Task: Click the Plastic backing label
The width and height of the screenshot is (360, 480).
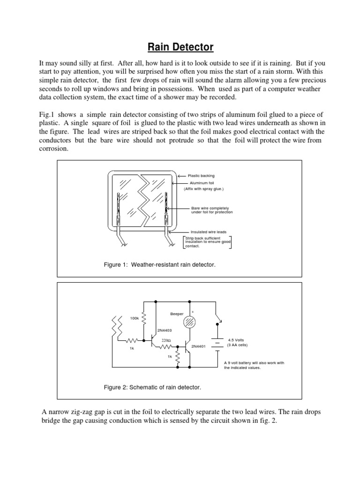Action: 201,176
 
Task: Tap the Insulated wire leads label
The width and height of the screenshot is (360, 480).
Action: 209,232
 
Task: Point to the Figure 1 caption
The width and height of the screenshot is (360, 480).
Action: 159,265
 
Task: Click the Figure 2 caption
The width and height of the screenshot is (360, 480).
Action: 152,387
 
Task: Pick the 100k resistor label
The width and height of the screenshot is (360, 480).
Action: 135,318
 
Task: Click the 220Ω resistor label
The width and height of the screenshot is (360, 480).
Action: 166,340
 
